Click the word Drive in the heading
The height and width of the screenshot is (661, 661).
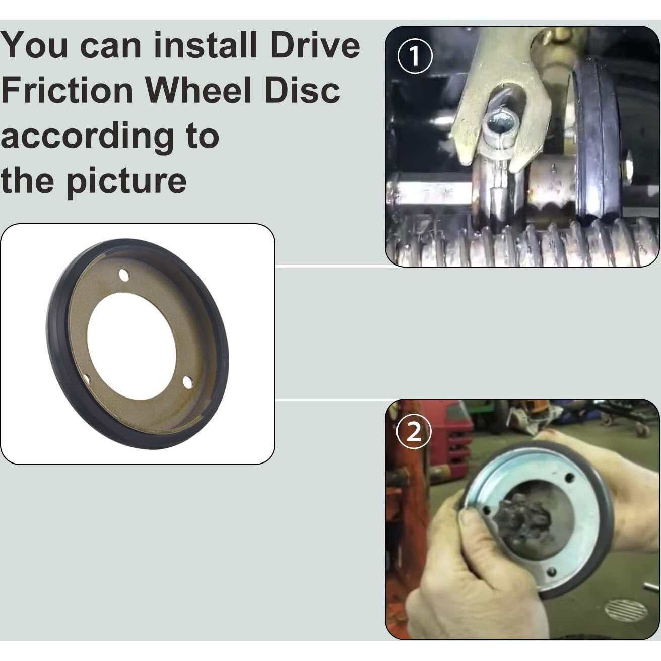(x=315, y=45)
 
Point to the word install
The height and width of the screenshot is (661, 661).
(x=205, y=45)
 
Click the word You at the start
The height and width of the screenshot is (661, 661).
(x=34, y=45)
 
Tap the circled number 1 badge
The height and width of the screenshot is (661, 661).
(x=414, y=56)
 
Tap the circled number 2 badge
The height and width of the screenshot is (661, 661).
(x=414, y=433)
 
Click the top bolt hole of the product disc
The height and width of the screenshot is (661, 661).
(x=123, y=274)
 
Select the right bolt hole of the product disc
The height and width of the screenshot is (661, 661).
(x=187, y=381)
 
